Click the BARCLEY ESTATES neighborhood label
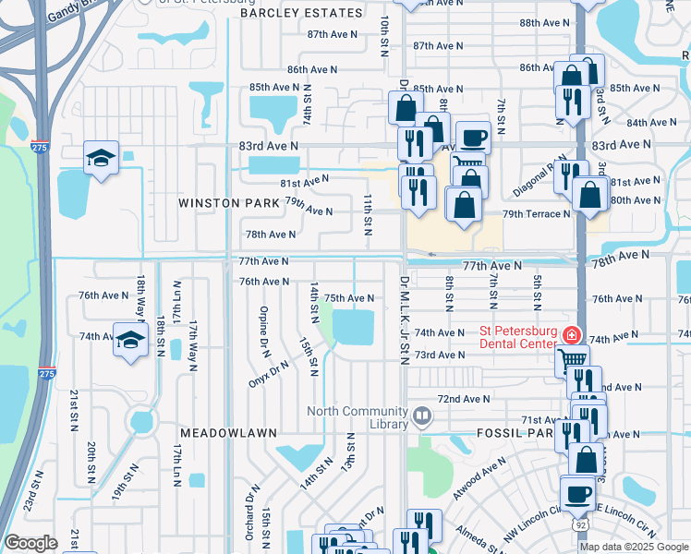click(x=301, y=13)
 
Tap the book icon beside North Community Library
click(x=422, y=416)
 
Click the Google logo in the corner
click(x=30, y=543)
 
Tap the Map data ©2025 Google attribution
click(x=633, y=547)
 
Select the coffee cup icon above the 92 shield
click(x=578, y=493)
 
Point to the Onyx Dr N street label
click(x=269, y=372)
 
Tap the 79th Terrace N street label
click(x=536, y=214)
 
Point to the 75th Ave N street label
click(x=349, y=298)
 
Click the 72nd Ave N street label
click(x=464, y=399)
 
